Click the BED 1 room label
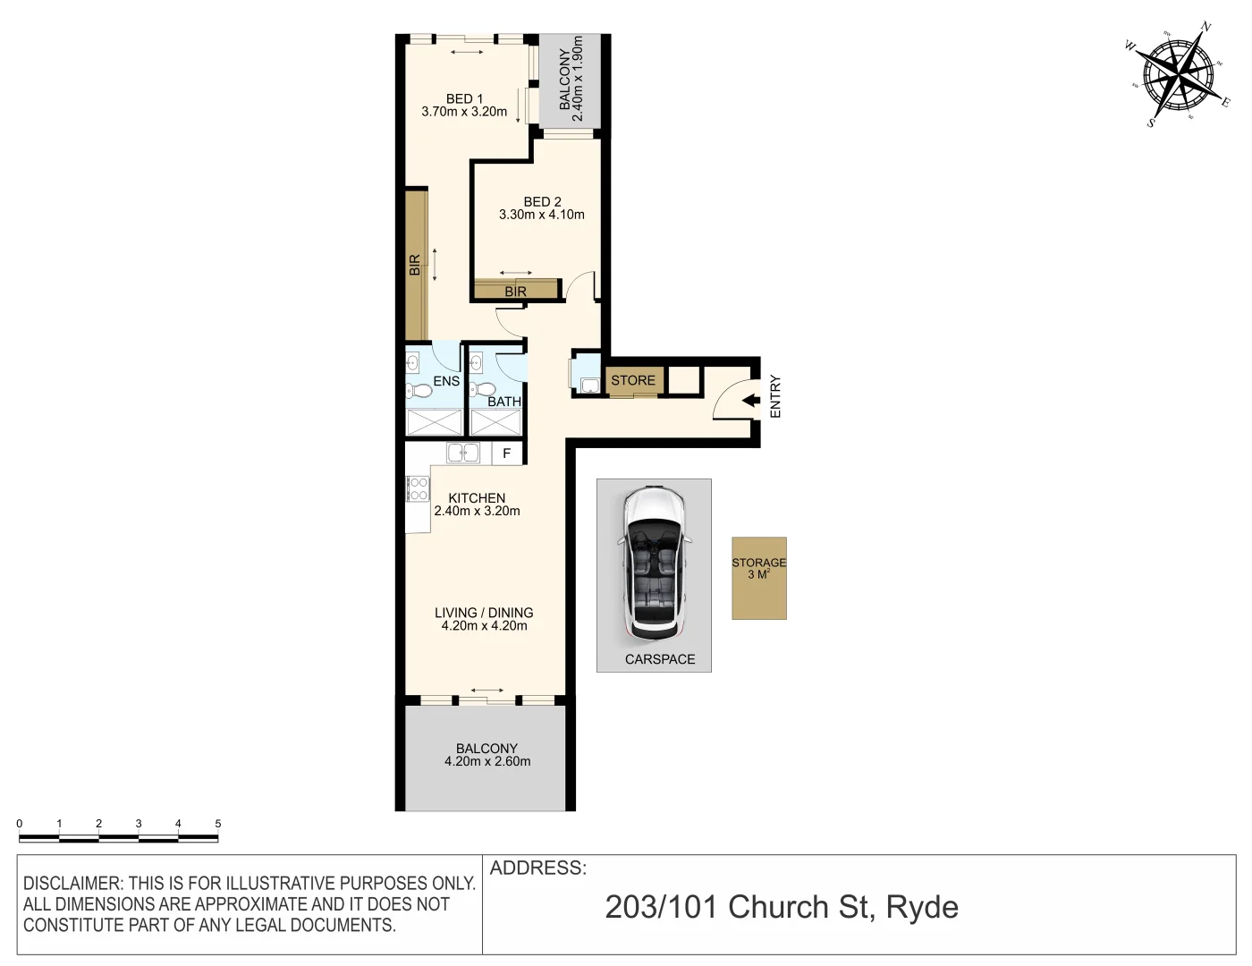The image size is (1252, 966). pos(464,98)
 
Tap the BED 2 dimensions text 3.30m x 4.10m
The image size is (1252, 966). pos(542,215)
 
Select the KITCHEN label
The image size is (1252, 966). pos(477,498)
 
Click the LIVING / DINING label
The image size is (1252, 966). pos(484,613)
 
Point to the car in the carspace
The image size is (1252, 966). pos(654,563)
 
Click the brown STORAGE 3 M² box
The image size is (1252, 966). pos(759,578)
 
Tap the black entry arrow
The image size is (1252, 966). pos(751,401)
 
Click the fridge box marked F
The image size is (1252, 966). pos(507,453)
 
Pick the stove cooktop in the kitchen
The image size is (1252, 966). pos(418,488)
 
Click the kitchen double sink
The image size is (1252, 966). pos(463,453)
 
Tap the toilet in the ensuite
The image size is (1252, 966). pos(419,390)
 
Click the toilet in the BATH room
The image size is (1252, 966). pos(483,389)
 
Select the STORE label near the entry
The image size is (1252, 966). pos(633,380)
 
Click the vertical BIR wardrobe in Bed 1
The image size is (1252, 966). pos(415,265)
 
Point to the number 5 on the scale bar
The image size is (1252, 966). pos(217,824)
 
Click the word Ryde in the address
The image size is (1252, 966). pos(922,907)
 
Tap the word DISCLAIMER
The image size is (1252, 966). pos(72,884)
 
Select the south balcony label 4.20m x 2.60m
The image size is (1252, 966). pos(487,762)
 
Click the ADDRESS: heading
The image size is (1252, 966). pos(538,868)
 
